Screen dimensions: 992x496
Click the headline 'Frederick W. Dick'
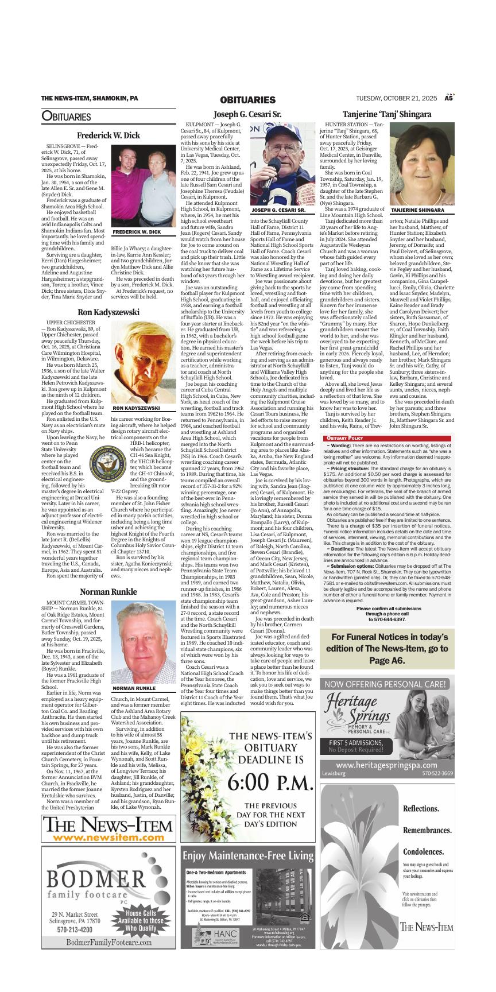108,135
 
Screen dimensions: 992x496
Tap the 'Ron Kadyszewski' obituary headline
108,312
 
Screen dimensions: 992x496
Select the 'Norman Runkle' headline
108,591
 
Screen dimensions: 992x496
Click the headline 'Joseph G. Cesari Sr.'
247,114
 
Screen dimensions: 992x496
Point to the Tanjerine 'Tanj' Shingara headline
387,114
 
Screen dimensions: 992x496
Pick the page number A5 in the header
449,98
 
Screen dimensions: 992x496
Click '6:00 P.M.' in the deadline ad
247,781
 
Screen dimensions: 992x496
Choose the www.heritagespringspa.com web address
386,765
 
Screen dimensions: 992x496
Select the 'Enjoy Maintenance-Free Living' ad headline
247,856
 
